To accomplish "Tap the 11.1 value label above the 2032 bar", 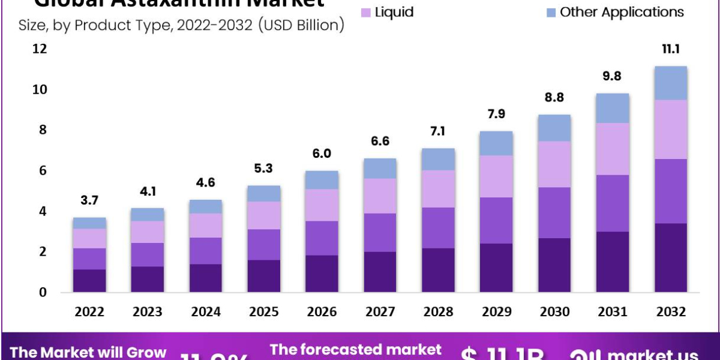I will [x=670, y=50].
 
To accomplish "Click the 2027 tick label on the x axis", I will [x=380, y=312].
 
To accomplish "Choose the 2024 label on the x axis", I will [x=206, y=312].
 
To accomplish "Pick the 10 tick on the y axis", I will [x=40, y=90].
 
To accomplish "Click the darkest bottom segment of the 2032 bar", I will [x=670, y=258].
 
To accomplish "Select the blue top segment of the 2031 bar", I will [x=613, y=108].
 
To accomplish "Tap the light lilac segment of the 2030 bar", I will [x=554, y=164].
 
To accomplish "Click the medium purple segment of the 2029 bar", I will [x=496, y=220].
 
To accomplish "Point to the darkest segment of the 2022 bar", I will [x=89, y=281].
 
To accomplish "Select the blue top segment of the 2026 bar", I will [x=322, y=180].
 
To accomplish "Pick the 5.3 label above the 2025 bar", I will [x=264, y=169].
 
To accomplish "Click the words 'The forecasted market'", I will [x=355, y=350].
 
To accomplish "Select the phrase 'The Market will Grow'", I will [x=88, y=353].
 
